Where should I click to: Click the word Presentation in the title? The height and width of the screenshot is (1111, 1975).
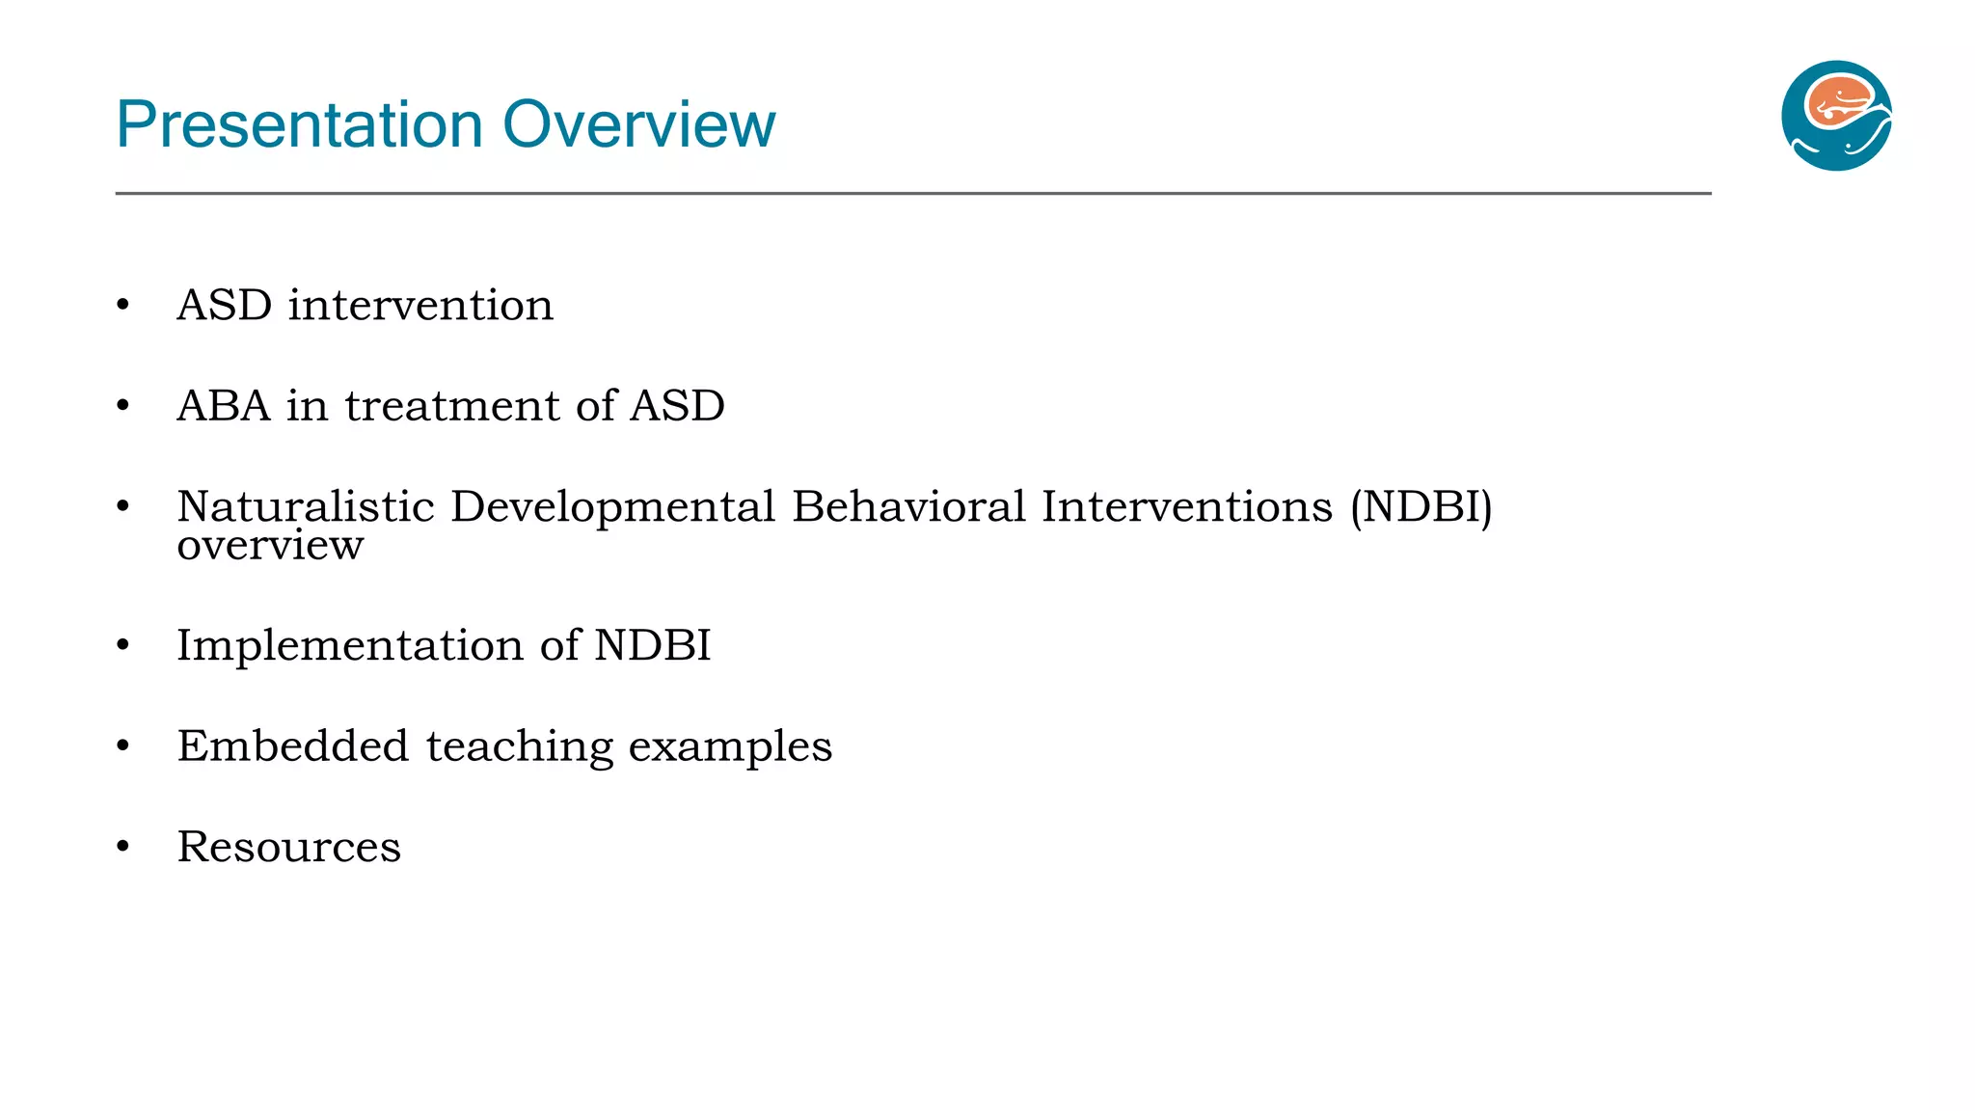click(x=299, y=125)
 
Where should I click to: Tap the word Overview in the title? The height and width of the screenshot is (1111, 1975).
click(x=638, y=125)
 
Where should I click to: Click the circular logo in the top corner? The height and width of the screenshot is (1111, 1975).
click(x=1836, y=116)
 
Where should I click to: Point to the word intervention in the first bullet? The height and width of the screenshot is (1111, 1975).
click(x=420, y=306)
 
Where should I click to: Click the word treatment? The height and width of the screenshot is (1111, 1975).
click(x=452, y=406)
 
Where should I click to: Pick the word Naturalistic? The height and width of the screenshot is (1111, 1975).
click(x=306, y=507)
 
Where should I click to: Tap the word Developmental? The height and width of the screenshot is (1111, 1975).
click(x=612, y=507)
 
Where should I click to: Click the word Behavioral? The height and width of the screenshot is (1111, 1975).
click(x=908, y=507)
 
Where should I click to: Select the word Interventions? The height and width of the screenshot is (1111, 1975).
click(x=1186, y=507)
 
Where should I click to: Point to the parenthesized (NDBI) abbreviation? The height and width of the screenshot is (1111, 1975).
click(x=1420, y=507)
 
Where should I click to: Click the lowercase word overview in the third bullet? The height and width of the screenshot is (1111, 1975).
click(x=270, y=546)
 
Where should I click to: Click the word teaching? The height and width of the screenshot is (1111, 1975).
click(x=519, y=746)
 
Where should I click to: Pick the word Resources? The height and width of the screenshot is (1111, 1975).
click(x=288, y=847)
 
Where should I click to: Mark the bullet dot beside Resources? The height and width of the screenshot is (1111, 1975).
click(x=122, y=847)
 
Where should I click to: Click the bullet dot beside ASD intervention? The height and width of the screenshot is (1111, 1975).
click(x=122, y=306)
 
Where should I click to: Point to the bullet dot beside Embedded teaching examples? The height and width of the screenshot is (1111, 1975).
click(x=122, y=746)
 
